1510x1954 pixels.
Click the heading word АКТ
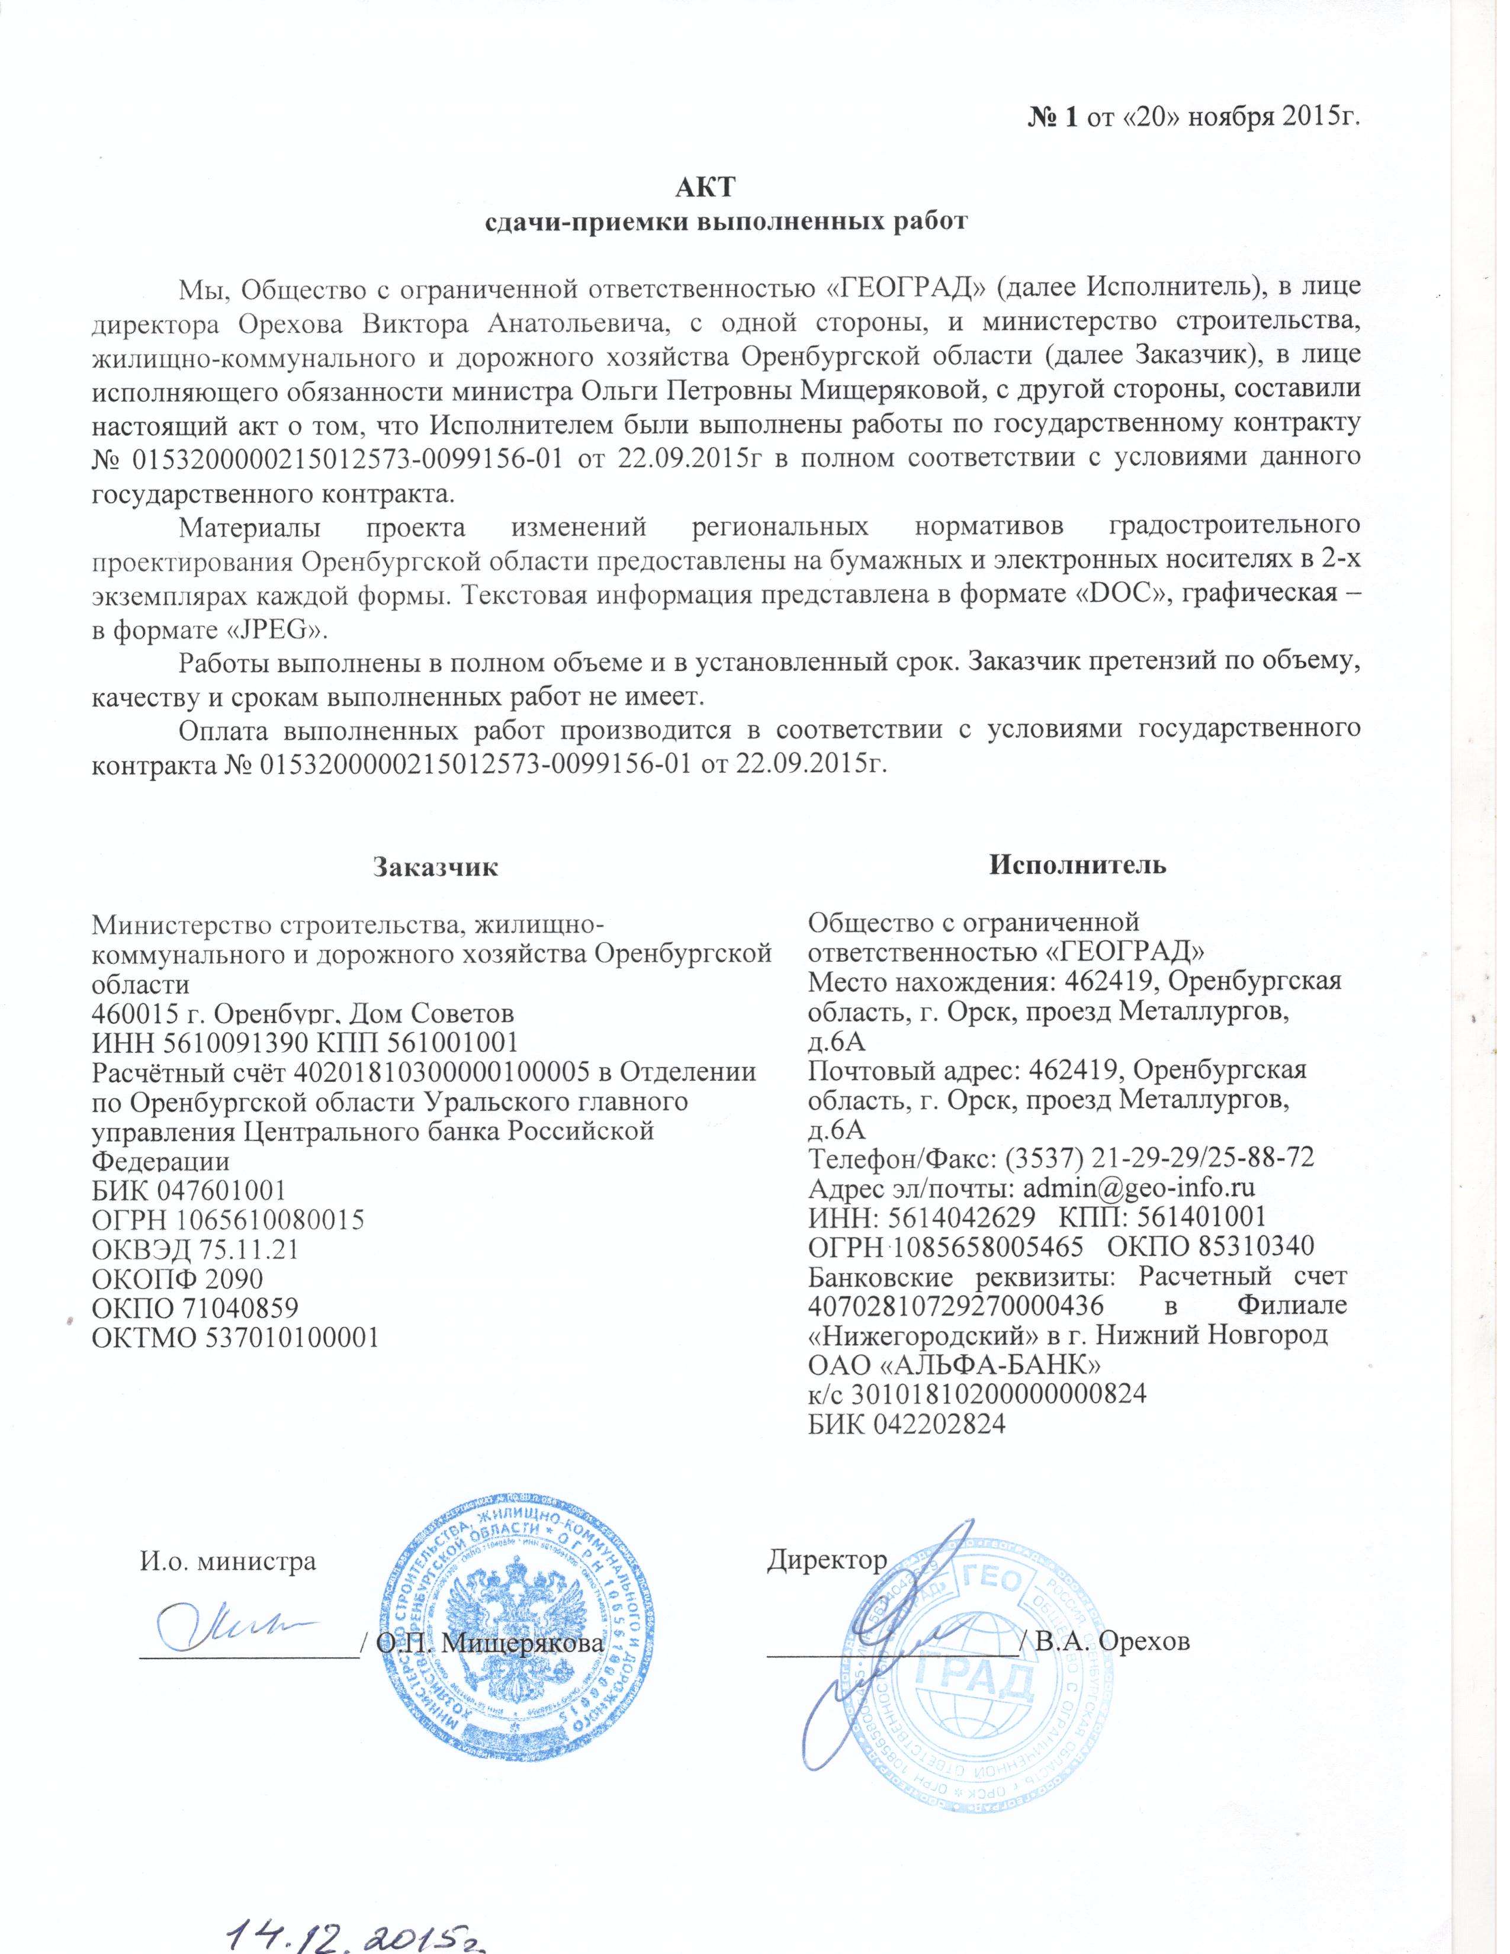point(704,188)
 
